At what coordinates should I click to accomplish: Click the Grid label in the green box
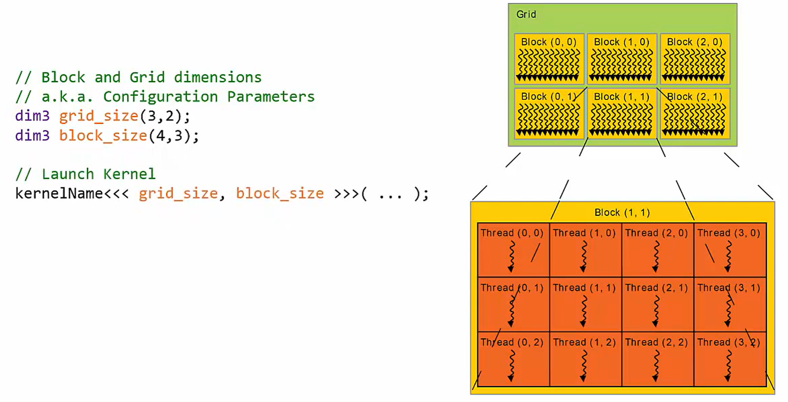tap(526, 14)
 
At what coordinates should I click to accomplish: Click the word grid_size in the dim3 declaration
tap(98, 116)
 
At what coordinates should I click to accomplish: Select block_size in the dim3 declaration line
tap(103, 136)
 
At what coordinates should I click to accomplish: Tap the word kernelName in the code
tap(59, 193)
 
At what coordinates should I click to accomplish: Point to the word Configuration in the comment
tap(160, 97)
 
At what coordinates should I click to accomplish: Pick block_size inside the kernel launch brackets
tap(280, 193)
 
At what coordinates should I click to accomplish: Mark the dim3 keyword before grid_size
tap(32, 116)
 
